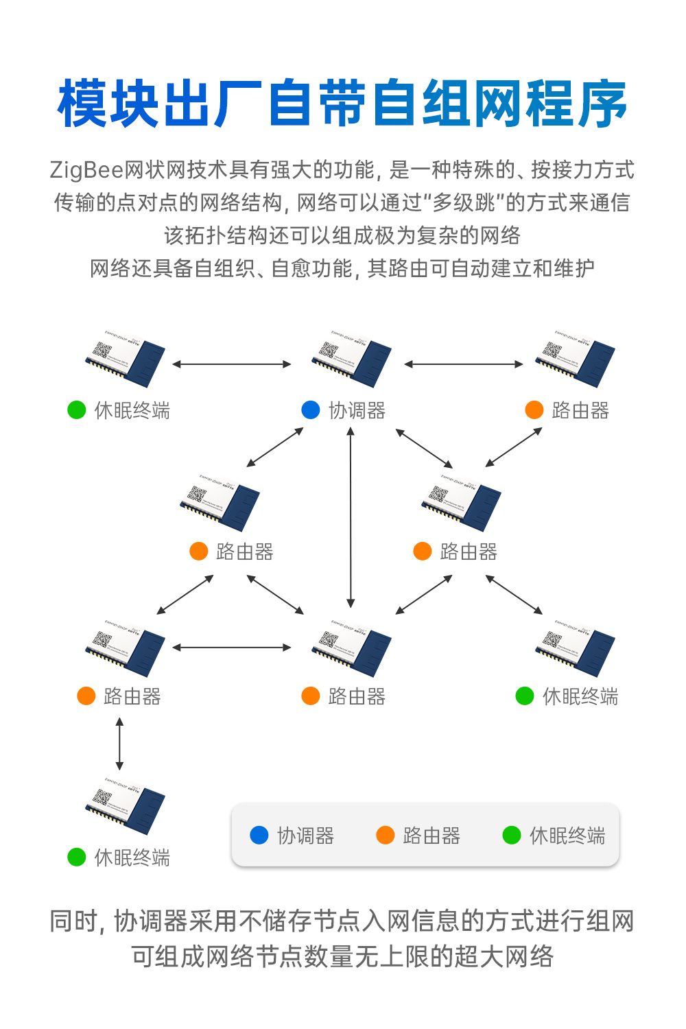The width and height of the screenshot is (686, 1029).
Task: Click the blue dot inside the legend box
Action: click(259, 835)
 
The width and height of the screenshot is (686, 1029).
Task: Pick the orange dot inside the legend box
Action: click(386, 835)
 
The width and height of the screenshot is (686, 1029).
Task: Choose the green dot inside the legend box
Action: click(512, 835)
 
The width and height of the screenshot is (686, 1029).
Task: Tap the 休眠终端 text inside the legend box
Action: click(567, 836)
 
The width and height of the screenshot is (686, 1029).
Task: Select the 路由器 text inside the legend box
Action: click(431, 836)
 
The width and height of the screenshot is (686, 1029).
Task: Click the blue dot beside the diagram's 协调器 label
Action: click(311, 410)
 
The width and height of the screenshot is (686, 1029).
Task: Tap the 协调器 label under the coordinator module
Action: click(357, 411)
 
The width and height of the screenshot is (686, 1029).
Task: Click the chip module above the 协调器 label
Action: click(351, 358)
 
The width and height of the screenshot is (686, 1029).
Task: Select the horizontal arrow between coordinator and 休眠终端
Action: click(232, 364)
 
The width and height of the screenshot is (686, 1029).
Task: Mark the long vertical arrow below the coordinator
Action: click(351, 517)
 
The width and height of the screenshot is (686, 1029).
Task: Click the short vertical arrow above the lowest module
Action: click(120, 744)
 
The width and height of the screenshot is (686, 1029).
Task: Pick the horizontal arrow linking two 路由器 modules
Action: click(232, 647)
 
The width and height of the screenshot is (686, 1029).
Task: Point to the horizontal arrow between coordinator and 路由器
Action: click(464, 364)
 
